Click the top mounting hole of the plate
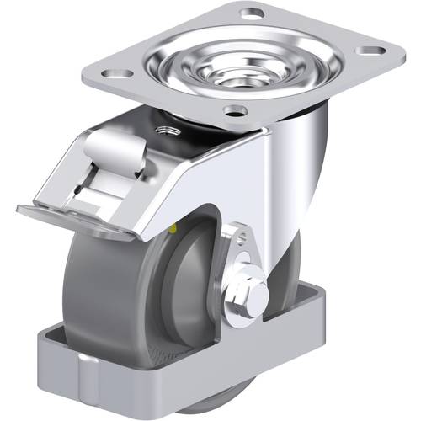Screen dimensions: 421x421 click(252, 13)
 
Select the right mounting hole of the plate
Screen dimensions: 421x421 click(368, 51)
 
